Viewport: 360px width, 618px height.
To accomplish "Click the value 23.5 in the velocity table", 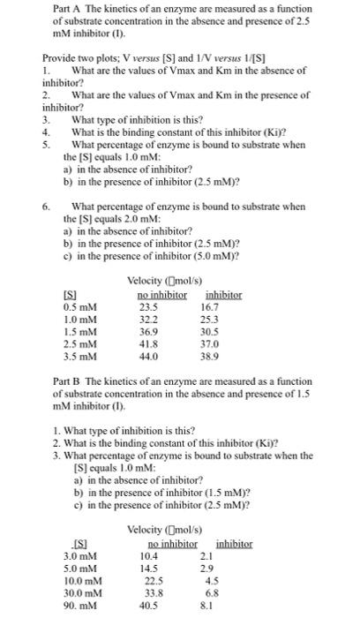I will click(149, 306).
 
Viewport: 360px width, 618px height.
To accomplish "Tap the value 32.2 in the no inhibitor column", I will click(149, 319).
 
